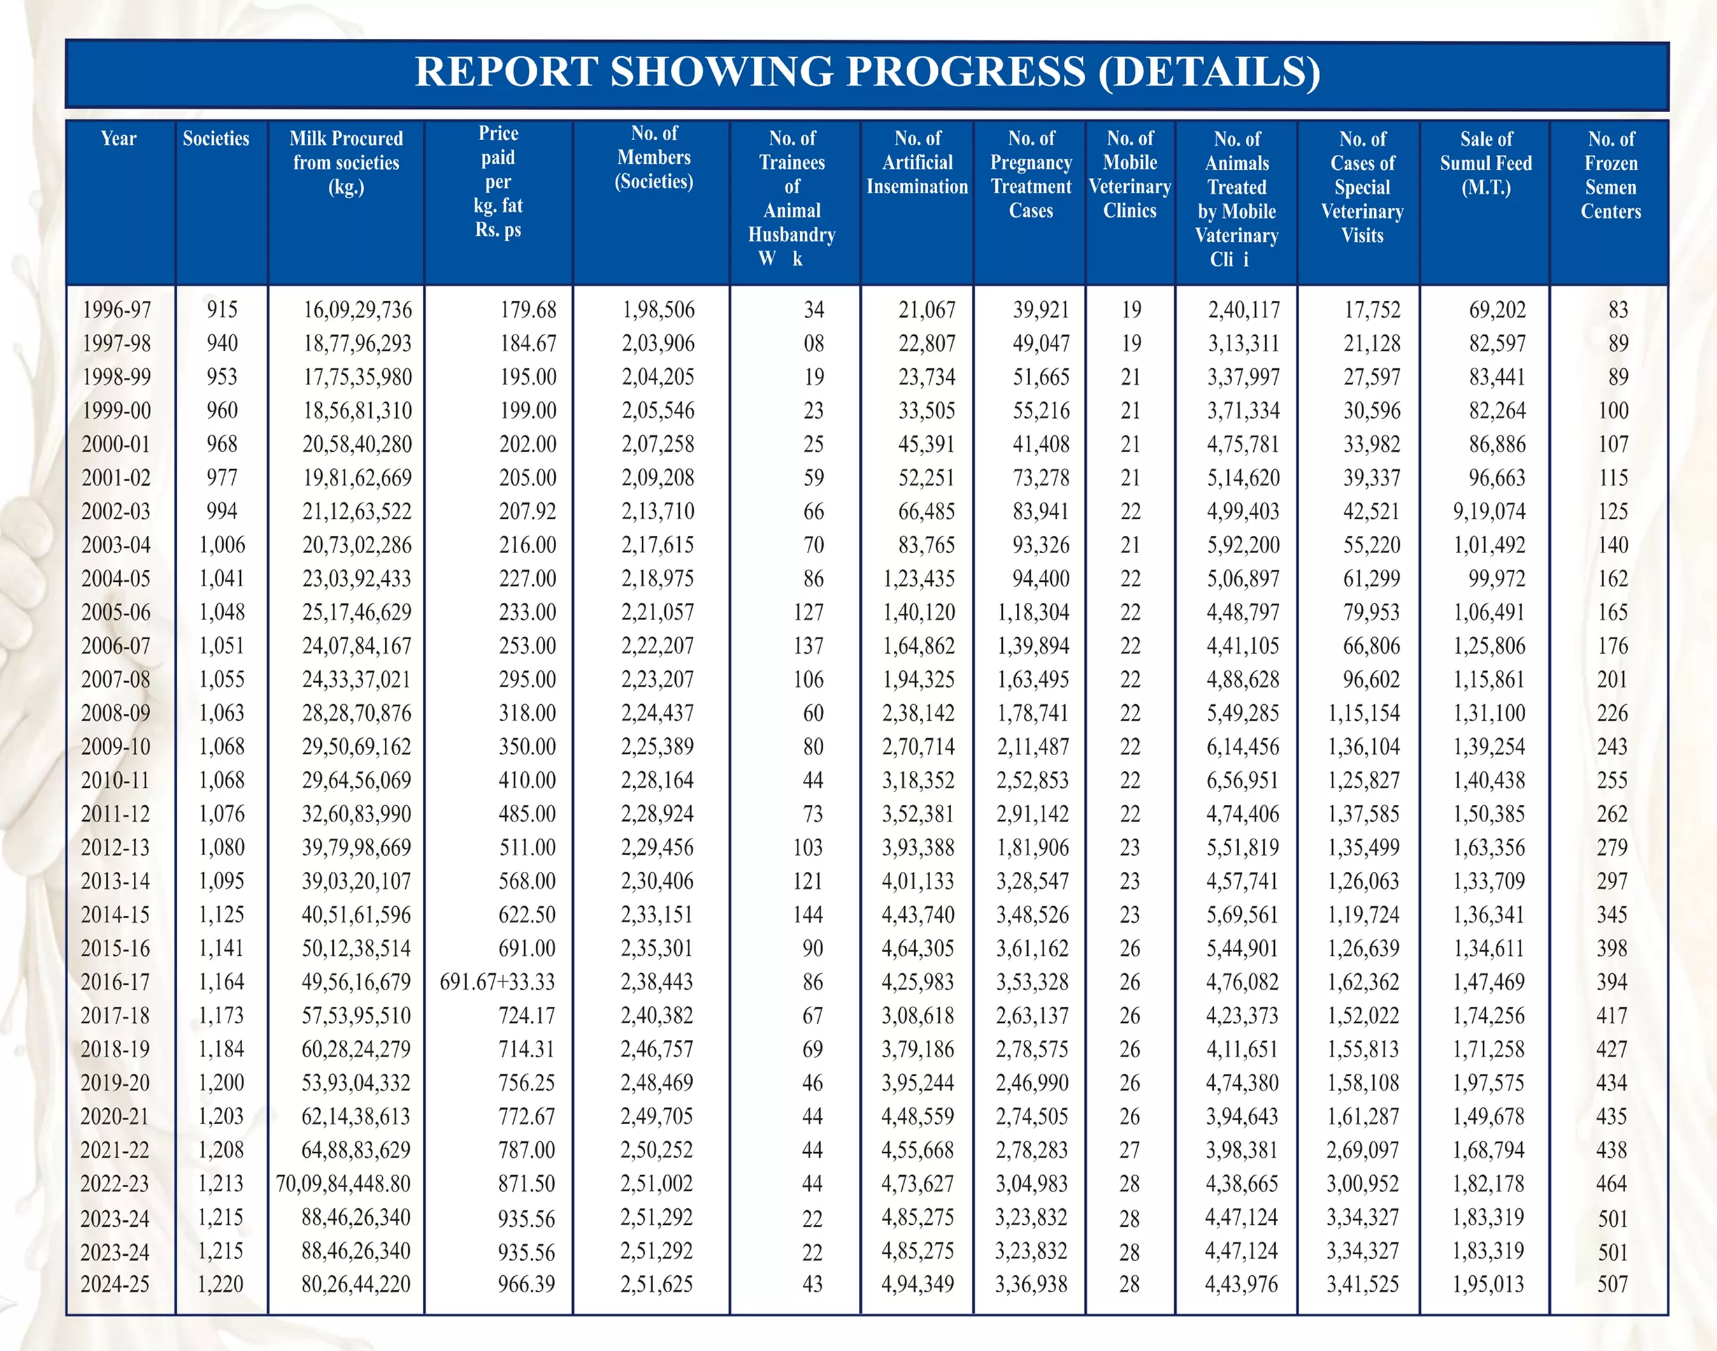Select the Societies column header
[x=216, y=138]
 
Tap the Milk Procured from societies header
[x=347, y=162]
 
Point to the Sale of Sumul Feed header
[x=1486, y=163]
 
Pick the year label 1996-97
[x=117, y=309]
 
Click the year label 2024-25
[x=115, y=1283]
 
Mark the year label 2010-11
[x=115, y=780]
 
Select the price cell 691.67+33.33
[x=498, y=981]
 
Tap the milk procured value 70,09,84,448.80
[x=343, y=1183]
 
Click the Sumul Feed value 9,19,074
[x=1489, y=511]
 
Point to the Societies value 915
[x=222, y=309]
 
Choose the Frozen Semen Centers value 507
[x=1612, y=1283]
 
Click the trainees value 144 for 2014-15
[x=808, y=914]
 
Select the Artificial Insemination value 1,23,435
[x=919, y=578]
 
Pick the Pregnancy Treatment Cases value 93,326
[x=1041, y=545]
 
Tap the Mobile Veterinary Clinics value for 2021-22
[x=1130, y=1149]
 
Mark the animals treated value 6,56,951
[x=1242, y=780]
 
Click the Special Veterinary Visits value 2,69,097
[x=1363, y=1149]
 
